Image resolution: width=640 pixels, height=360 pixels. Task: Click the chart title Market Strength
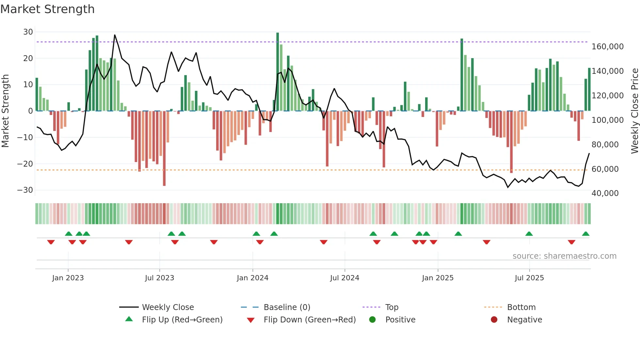[47, 9]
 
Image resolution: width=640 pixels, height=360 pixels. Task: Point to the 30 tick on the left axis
[28, 32]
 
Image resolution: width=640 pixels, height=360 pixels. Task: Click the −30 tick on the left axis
[25, 190]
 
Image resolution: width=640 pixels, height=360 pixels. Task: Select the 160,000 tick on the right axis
[607, 47]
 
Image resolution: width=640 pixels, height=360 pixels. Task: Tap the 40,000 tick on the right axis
[605, 193]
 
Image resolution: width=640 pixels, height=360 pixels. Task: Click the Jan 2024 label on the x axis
[252, 278]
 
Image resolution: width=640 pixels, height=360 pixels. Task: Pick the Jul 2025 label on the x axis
[529, 278]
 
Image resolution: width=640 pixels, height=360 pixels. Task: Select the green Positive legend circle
[372, 319]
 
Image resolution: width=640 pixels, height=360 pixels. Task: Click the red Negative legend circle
[494, 319]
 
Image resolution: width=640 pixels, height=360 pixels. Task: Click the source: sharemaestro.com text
[564, 256]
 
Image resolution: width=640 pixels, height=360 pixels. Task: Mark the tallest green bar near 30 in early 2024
[278, 72]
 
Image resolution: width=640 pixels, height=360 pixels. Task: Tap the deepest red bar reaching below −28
[164, 149]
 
